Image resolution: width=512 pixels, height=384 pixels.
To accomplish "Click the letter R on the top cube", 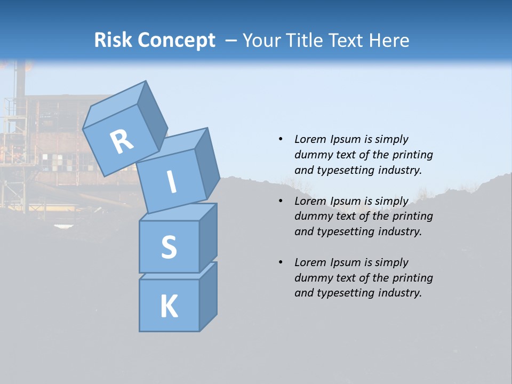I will point(122,142).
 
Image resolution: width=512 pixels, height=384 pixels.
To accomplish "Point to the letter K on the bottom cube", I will point(169,307).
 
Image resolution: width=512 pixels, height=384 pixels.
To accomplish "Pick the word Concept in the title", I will point(177,41).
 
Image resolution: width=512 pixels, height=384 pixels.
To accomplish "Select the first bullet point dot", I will point(281,139).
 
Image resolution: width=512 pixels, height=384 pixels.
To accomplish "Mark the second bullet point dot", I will point(281,201).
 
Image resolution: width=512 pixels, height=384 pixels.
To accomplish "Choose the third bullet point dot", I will point(281,262).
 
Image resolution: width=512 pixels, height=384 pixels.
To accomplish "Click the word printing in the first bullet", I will point(412,155).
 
